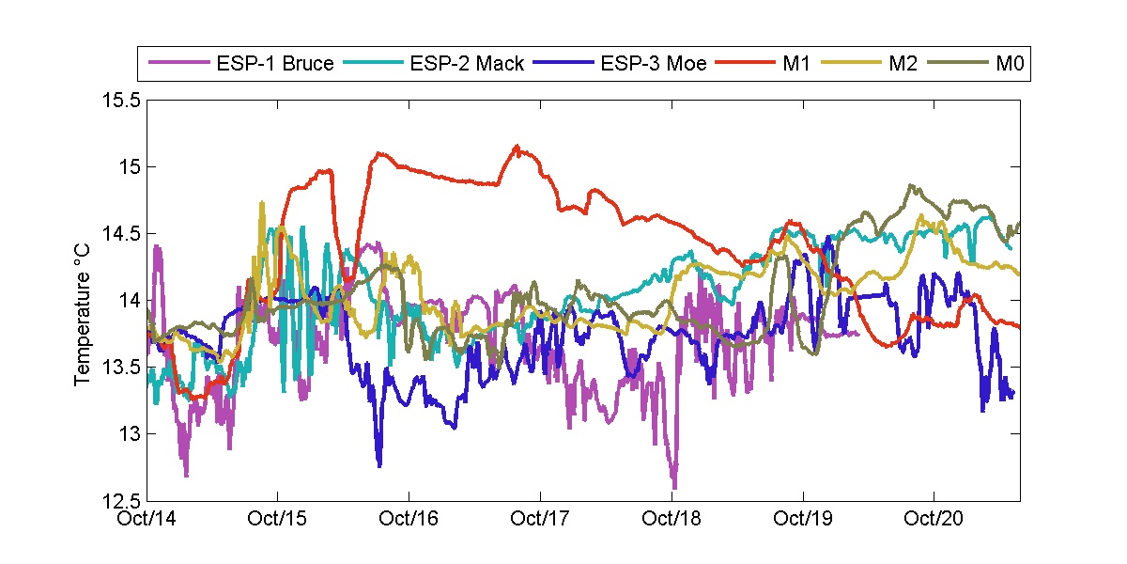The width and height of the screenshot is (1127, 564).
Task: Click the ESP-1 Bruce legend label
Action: coord(273,65)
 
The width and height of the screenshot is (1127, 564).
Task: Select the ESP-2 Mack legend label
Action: coord(467,65)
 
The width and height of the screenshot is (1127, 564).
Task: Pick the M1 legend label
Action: coord(797,65)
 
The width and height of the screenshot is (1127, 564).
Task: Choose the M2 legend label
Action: coord(896,65)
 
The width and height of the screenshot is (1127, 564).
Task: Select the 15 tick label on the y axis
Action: coord(130,166)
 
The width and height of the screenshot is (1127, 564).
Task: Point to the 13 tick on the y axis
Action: coord(130,433)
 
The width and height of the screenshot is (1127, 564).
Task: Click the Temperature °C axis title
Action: coord(83,300)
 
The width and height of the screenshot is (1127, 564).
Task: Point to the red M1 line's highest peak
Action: coord(517,146)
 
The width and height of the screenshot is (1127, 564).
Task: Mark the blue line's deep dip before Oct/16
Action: coord(379,464)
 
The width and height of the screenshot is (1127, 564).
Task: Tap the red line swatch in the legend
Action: coord(748,65)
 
